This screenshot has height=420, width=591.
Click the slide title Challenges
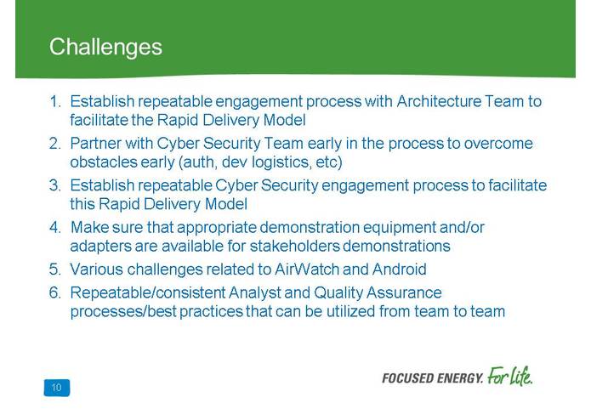[x=105, y=46]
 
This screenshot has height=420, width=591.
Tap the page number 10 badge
[x=56, y=389]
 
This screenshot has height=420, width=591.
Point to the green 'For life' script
[x=510, y=376]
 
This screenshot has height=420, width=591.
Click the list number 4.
[x=55, y=228]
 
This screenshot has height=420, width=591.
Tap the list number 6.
[x=55, y=293]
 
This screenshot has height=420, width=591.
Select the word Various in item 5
[x=96, y=270]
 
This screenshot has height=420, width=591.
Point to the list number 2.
[x=55, y=144]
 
